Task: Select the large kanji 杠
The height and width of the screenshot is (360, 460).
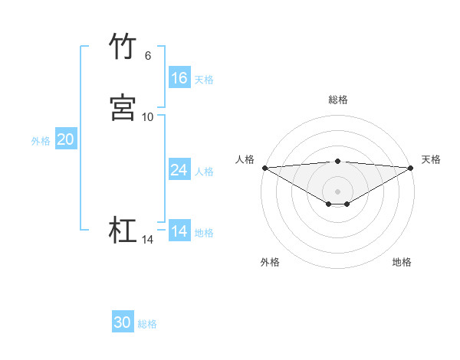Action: [123, 231]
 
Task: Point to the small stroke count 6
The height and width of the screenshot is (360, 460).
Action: [148, 56]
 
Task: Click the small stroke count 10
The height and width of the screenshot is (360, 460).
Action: [148, 117]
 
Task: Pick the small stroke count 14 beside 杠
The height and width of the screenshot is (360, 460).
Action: [148, 240]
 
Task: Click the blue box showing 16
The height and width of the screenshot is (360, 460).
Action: [179, 78]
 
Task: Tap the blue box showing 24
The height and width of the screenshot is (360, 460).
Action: [179, 170]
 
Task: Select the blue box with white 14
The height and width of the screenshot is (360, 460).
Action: [179, 231]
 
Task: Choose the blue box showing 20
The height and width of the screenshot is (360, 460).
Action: [66, 139]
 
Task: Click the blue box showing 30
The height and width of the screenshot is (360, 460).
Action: [123, 323]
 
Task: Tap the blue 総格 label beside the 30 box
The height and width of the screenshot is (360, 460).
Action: [147, 324]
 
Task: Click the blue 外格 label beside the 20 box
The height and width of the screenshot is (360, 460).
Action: [41, 140]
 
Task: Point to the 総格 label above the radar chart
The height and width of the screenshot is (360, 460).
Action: [338, 100]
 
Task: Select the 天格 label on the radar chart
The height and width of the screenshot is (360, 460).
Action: [432, 159]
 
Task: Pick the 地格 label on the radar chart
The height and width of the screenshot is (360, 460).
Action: [402, 262]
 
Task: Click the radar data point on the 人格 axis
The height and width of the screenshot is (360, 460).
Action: [264, 168]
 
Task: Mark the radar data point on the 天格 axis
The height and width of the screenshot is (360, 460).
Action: [411, 168]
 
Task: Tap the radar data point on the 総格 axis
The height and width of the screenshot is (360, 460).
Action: [338, 161]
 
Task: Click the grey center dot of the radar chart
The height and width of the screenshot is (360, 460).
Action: [338, 191]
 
